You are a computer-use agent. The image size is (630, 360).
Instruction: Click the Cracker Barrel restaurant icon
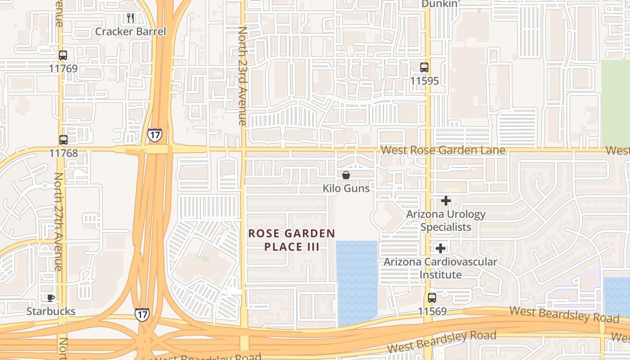[x=130, y=18]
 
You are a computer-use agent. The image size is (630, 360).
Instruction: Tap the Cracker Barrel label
[x=130, y=31]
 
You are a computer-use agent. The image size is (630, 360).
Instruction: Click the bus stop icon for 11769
[x=63, y=55]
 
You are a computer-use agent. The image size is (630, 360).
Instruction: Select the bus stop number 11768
[x=63, y=153]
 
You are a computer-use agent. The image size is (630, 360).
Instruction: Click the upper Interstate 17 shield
[x=154, y=135]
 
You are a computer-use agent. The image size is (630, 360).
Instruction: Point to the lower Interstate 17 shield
[x=142, y=314]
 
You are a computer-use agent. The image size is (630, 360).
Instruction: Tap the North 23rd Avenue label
[x=242, y=76]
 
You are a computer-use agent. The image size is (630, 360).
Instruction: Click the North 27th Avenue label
[x=58, y=221]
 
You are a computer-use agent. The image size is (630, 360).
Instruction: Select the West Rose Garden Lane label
[x=443, y=150]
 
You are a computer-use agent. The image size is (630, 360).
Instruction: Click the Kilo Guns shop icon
[x=346, y=175]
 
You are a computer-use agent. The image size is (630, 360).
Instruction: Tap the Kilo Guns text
[x=346, y=188]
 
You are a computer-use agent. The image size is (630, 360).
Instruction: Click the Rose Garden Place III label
[x=292, y=240]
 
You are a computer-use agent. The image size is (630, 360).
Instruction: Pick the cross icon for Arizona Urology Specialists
[x=446, y=201]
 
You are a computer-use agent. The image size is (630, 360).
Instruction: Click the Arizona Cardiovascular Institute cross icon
[x=441, y=248]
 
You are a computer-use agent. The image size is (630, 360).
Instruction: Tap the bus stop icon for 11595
[x=424, y=67]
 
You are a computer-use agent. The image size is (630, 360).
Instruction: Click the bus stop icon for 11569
[x=432, y=298]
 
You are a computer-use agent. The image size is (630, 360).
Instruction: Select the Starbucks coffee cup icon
[x=51, y=298]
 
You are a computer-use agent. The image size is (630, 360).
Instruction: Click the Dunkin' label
[x=440, y=4]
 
